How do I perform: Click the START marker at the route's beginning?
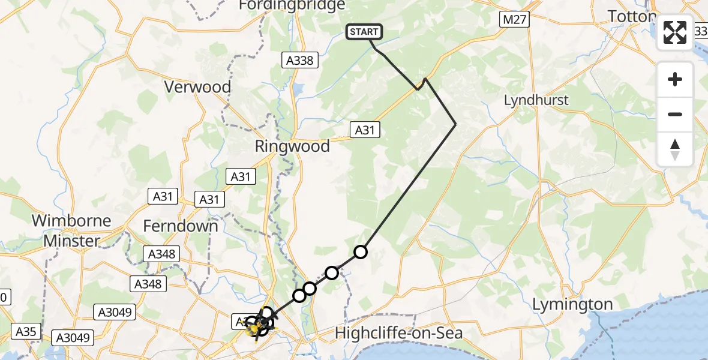pyautogui.click(x=364, y=32)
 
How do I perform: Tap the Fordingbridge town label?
pyautogui.click(x=292, y=5)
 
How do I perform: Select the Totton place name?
pyautogui.click(x=631, y=17)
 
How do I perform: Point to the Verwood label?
pyautogui.click(x=198, y=87)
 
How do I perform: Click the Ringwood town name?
pyautogui.click(x=292, y=146)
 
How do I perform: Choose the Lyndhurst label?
pyautogui.click(x=536, y=100)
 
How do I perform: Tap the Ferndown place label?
pyautogui.click(x=181, y=226)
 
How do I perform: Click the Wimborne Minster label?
pyautogui.click(x=71, y=230)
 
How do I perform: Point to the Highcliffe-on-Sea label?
pyautogui.click(x=399, y=332)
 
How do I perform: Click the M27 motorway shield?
pyautogui.click(x=514, y=20)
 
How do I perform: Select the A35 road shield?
pyautogui.click(x=25, y=331)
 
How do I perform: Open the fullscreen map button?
pyautogui.click(x=675, y=32)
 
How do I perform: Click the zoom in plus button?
pyautogui.click(x=675, y=79)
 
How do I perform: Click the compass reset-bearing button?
pyautogui.click(x=675, y=149)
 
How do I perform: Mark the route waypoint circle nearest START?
pyautogui.click(x=360, y=252)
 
